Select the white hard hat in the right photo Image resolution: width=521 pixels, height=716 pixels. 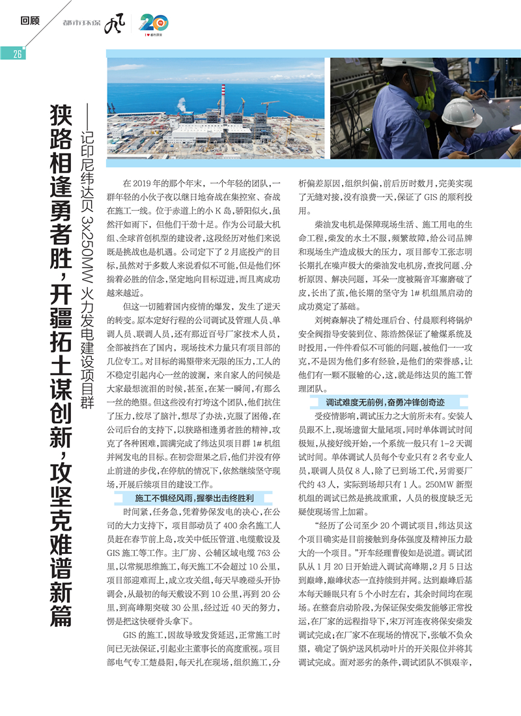pyautogui.click(x=460, y=111)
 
